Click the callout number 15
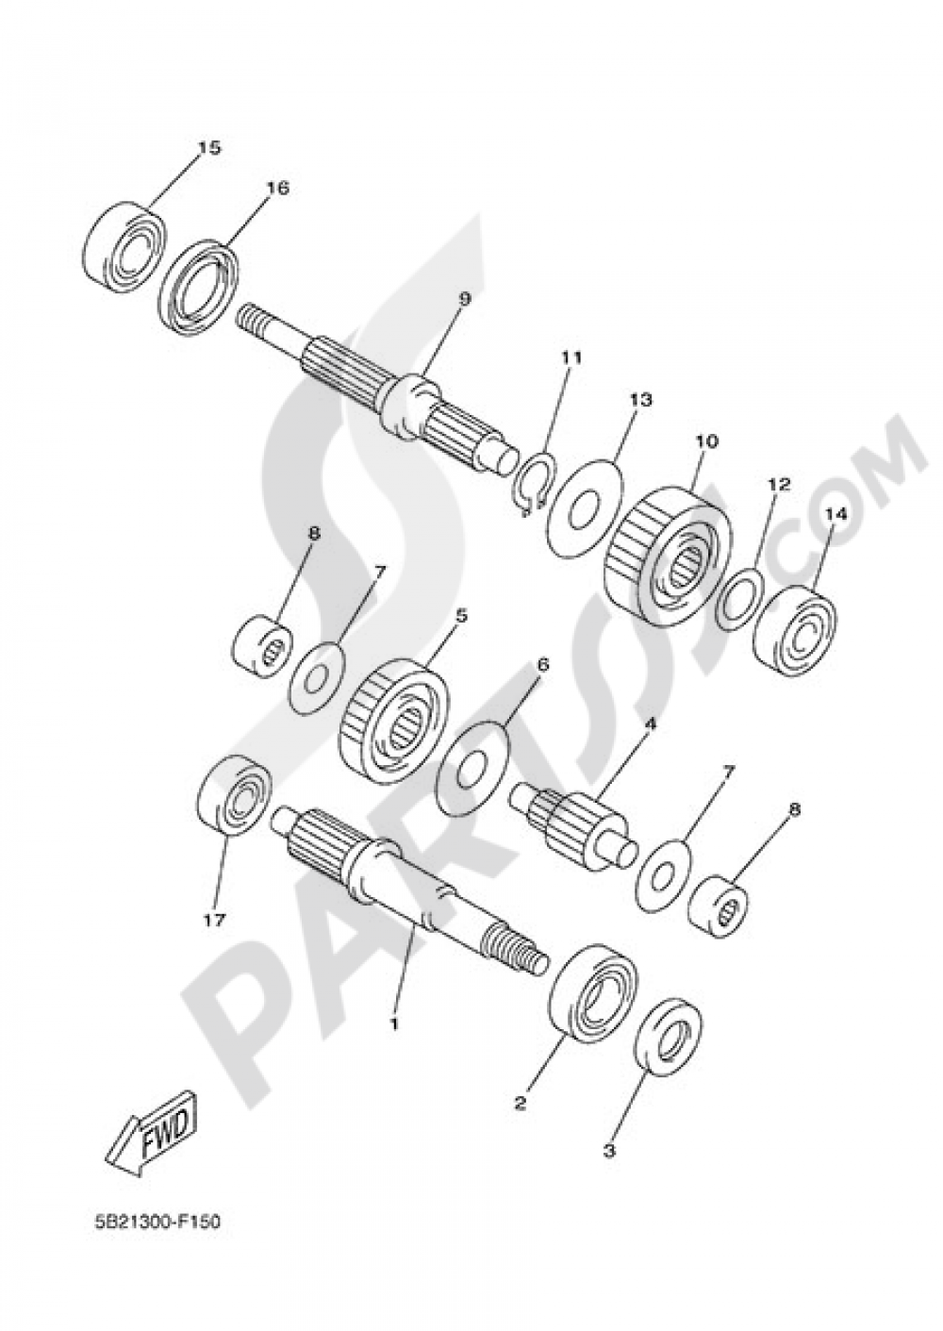coord(208,147)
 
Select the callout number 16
coord(276,188)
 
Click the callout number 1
coord(394,1022)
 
